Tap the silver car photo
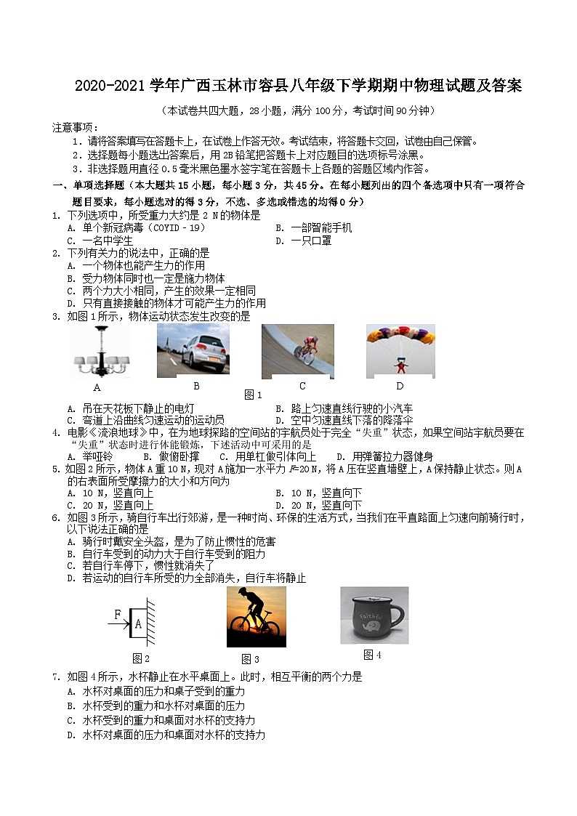click(x=193, y=350)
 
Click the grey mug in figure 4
click(x=374, y=615)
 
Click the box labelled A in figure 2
click(x=137, y=622)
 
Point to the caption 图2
click(x=141, y=658)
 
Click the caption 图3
click(x=250, y=659)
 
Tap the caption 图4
click(x=372, y=655)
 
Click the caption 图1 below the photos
click(x=253, y=395)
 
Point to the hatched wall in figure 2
click(x=150, y=622)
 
